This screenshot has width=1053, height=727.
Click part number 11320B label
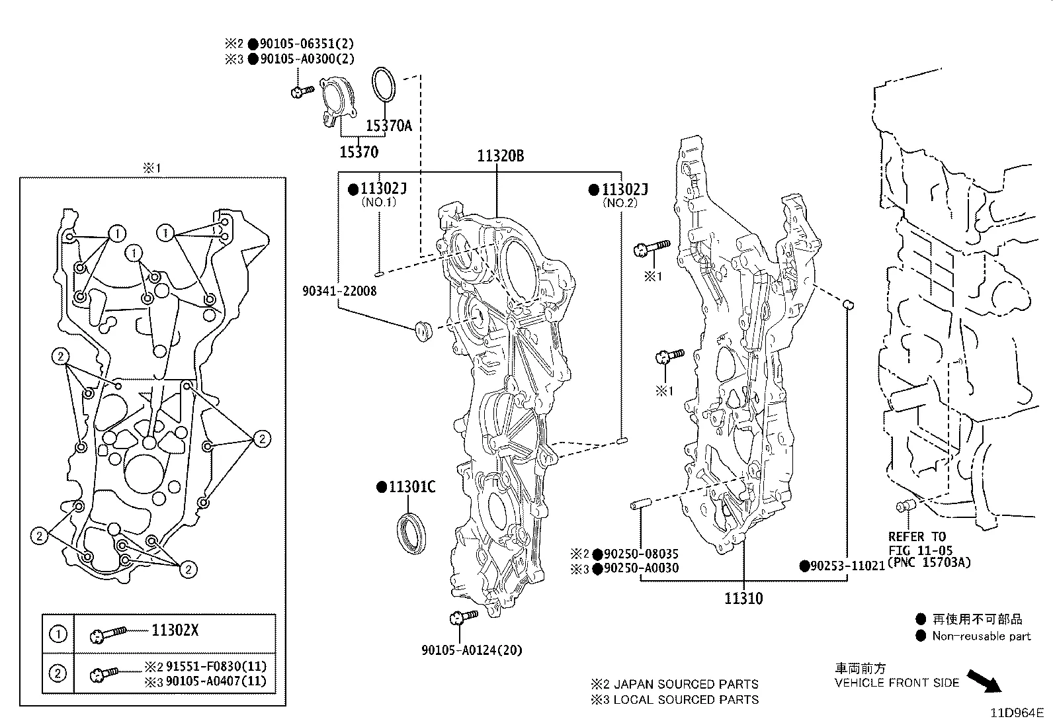pyautogui.click(x=501, y=156)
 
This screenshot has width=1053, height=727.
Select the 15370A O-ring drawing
pyautogui.click(x=384, y=85)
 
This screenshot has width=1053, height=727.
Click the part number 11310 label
pyautogui.click(x=743, y=599)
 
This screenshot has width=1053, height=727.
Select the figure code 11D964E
pyautogui.click(x=1016, y=713)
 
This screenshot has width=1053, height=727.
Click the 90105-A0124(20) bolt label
pyautogui.click(x=472, y=650)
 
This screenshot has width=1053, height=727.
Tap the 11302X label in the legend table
pyautogui.click(x=175, y=630)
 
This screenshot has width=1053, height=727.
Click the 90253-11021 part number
pyautogui.click(x=848, y=566)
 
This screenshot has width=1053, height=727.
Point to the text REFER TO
pyautogui.click(x=917, y=536)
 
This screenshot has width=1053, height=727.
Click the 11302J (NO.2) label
pyautogui.click(x=624, y=191)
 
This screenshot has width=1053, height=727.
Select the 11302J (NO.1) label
pyautogui.click(x=383, y=189)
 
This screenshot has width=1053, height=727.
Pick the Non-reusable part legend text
pyautogui.click(x=982, y=636)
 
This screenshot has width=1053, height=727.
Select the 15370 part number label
pyautogui.click(x=359, y=152)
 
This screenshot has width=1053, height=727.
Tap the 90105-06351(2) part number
pyautogui.click(x=306, y=44)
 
